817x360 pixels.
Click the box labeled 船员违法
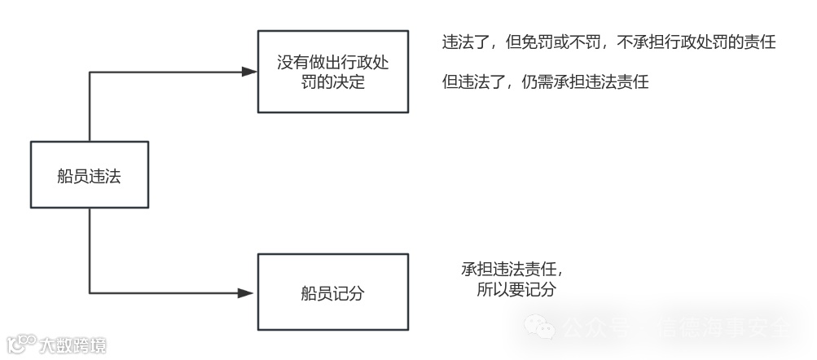click(x=90, y=174)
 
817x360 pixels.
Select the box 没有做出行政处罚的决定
click(x=333, y=72)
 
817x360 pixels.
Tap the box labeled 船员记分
click(x=333, y=292)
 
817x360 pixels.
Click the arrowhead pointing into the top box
click(x=250, y=72)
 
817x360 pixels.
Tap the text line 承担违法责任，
click(x=512, y=270)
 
